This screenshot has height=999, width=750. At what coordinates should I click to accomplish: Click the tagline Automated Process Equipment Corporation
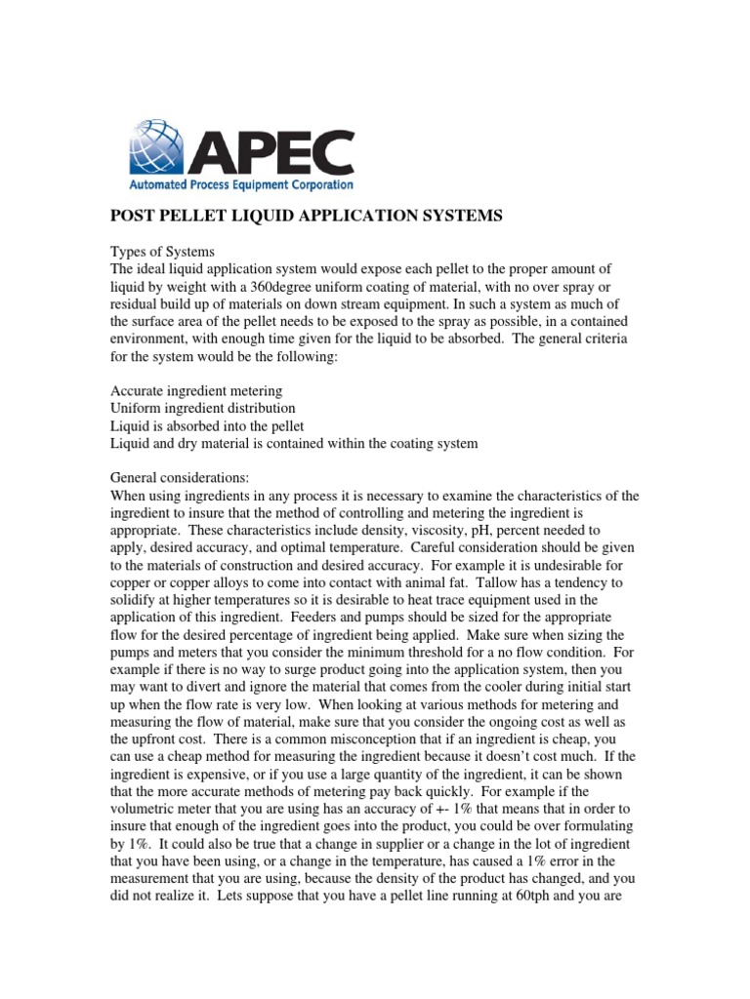[241, 183]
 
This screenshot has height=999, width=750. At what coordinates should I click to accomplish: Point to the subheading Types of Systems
[161, 251]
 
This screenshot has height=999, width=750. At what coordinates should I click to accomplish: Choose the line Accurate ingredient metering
[196, 390]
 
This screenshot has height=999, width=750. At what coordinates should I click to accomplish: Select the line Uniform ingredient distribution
[203, 408]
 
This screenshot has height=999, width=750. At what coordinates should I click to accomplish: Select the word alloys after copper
[200, 583]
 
